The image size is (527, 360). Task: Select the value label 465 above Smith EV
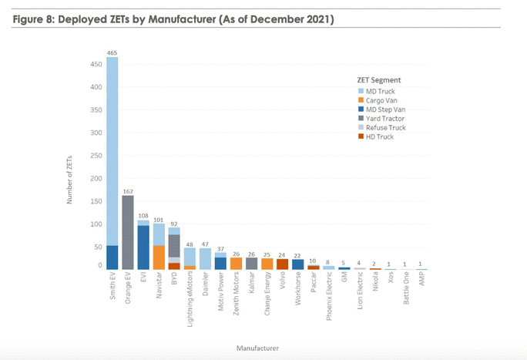pyautogui.click(x=112, y=52)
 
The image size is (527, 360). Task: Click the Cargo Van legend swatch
pyautogui.click(x=361, y=100)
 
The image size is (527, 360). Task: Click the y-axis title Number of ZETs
pyautogui.click(x=70, y=177)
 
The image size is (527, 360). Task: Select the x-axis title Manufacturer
pyautogui.click(x=258, y=348)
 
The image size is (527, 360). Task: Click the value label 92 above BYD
pyautogui.click(x=174, y=223)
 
